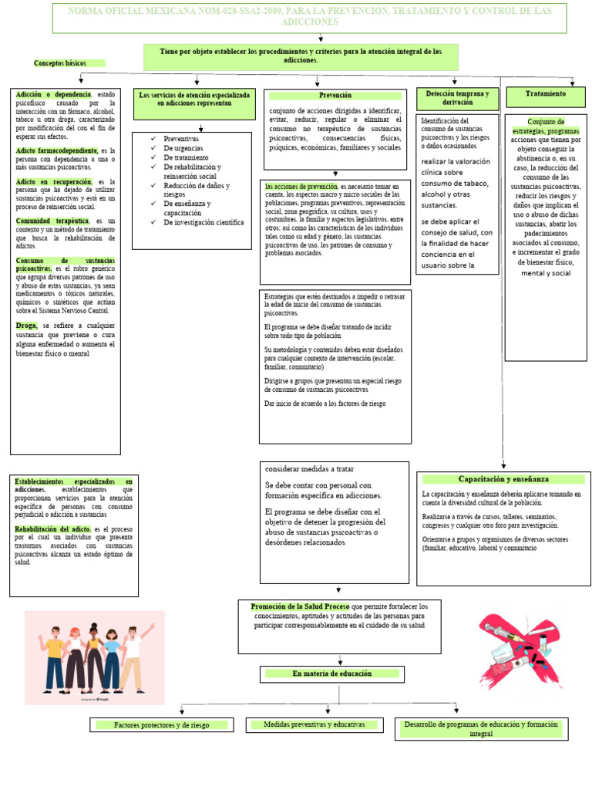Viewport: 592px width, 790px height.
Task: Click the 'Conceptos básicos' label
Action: [x=60, y=63]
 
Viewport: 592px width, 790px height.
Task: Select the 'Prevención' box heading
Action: [x=335, y=96]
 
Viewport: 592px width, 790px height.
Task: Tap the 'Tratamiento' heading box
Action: [x=546, y=94]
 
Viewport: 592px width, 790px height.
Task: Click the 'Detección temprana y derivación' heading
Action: [x=458, y=98]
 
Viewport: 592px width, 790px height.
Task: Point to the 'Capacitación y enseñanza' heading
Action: [x=503, y=479]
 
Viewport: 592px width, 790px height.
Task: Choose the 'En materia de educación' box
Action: [x=331, y=674]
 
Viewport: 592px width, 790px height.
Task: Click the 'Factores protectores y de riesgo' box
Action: [x=161, y=725]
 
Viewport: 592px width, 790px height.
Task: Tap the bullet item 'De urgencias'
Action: [x=183, y=148]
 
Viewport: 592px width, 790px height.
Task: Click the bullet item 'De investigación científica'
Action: [x=203, y=222]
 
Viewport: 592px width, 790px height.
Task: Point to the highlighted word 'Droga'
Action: [x=26, y=326]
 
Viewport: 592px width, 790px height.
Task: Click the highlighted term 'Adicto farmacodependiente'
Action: [x=56, y=150]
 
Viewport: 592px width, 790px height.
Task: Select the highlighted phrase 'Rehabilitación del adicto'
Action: [x=52, y=528]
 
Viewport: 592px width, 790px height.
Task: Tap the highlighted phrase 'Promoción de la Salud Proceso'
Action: [x=300, y=607]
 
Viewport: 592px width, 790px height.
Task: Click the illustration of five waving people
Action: [x=95, y=657]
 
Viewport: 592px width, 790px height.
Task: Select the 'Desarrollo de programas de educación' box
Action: [x=481, y=729]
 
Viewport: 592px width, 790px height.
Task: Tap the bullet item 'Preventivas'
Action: [x=181, y=139]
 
